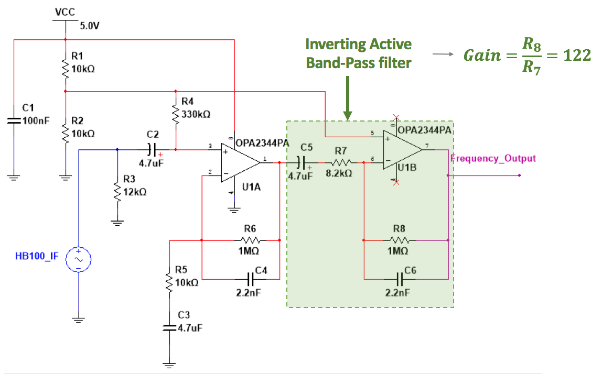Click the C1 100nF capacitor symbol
pos(13,120)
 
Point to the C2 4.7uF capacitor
pos(152,150)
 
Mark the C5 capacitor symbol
pos(301,162)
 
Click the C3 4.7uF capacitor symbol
pos(169,327)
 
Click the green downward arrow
pos(348,97)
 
